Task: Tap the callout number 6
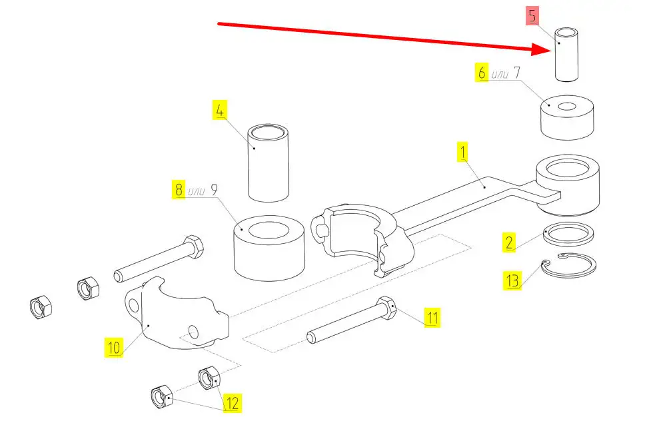[482, 73]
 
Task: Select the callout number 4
[220, 109]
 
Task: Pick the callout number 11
[433, 318]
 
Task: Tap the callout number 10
[114, 347]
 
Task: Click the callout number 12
[232, 402]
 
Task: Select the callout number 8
[178, 190]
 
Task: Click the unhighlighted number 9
[215, 189]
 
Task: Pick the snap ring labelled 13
[568, 266]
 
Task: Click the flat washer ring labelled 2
[569, 234]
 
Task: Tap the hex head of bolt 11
[387, 308]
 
